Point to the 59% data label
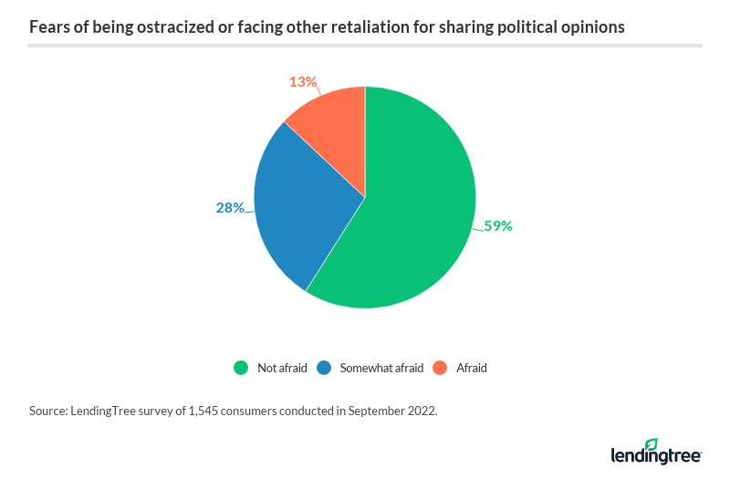point(498,225)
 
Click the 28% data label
point(230,207)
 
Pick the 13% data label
point(302,82)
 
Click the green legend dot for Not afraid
point(241,368)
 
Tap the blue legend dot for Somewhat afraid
point(323,368)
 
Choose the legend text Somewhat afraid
point(381,368)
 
